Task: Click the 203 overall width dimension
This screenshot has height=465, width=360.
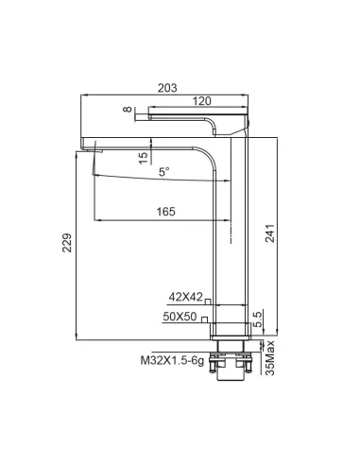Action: (x=167, y=88)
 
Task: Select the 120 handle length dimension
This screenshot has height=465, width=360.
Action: (x=201, y=101)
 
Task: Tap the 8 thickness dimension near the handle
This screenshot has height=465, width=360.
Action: (x=128, y=110)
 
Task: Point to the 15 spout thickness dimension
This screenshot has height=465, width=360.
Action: (x=143, y=158)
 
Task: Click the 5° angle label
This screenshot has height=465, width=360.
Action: (x=163, y=172)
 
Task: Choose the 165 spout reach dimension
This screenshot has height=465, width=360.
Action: (x=166, y=212)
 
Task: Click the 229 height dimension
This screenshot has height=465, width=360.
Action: (x=67, y=243)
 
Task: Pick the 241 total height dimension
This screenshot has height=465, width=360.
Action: (x=270, y=233)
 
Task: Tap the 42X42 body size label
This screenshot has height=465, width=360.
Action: (x=185, y=297)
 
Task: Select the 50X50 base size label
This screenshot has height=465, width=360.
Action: (x=180, y=317)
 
